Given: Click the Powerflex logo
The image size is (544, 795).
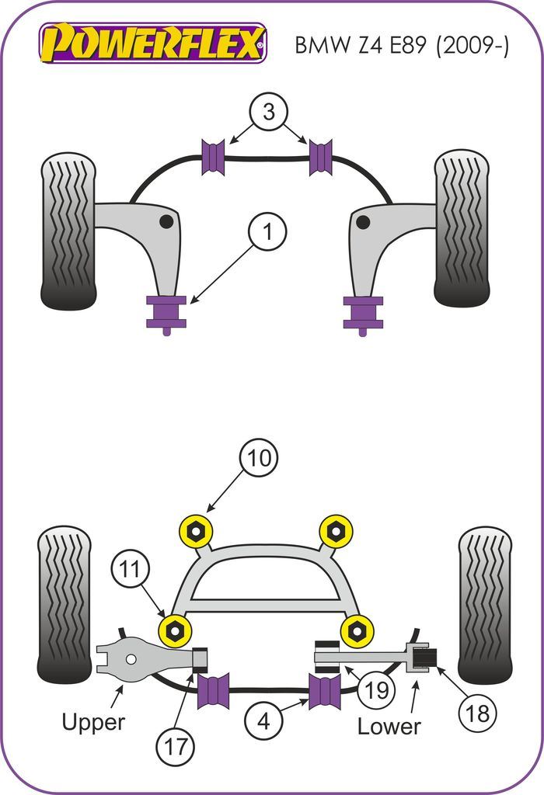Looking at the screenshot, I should (x=153, y=43).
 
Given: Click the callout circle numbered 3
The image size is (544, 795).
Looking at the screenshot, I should (x=268, y=113).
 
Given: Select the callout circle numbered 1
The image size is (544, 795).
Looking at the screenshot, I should (x=267, y=231).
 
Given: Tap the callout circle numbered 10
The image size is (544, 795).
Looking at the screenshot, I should (x=259, y=459).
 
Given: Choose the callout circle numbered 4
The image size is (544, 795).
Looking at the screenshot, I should (x=263, y=722).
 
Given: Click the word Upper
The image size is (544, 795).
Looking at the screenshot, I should (x=93, y=721).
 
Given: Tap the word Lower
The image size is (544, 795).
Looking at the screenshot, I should (x=389, y=726).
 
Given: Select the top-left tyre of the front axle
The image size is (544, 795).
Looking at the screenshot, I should (x=68, y=231).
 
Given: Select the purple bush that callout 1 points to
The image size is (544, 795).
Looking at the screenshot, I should (x=166, y=311).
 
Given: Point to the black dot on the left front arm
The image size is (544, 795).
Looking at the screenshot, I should (x=166, y=222).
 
